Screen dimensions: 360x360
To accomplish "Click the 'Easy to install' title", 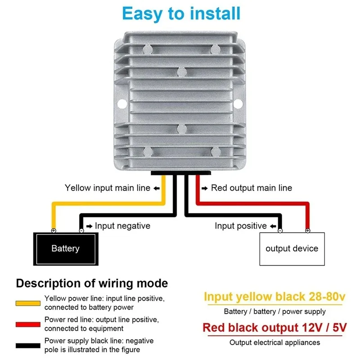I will point(181,13).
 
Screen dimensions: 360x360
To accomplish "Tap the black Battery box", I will point(66,248).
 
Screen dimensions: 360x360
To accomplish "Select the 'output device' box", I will point(292,248).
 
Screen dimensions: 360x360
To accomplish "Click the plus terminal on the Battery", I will point(54,230).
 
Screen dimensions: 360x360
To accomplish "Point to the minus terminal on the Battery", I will point(81,230).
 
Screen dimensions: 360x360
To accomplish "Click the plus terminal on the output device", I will point(307,230).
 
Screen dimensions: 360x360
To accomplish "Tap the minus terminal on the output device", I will point(280,230).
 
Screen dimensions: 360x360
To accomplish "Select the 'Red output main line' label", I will point(251,188).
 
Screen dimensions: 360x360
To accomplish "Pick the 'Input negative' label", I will point(122,226).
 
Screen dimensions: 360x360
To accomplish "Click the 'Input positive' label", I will point(240,226).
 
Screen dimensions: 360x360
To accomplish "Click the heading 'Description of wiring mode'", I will point(92,283).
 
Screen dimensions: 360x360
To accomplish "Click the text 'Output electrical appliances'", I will point(274,343).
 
